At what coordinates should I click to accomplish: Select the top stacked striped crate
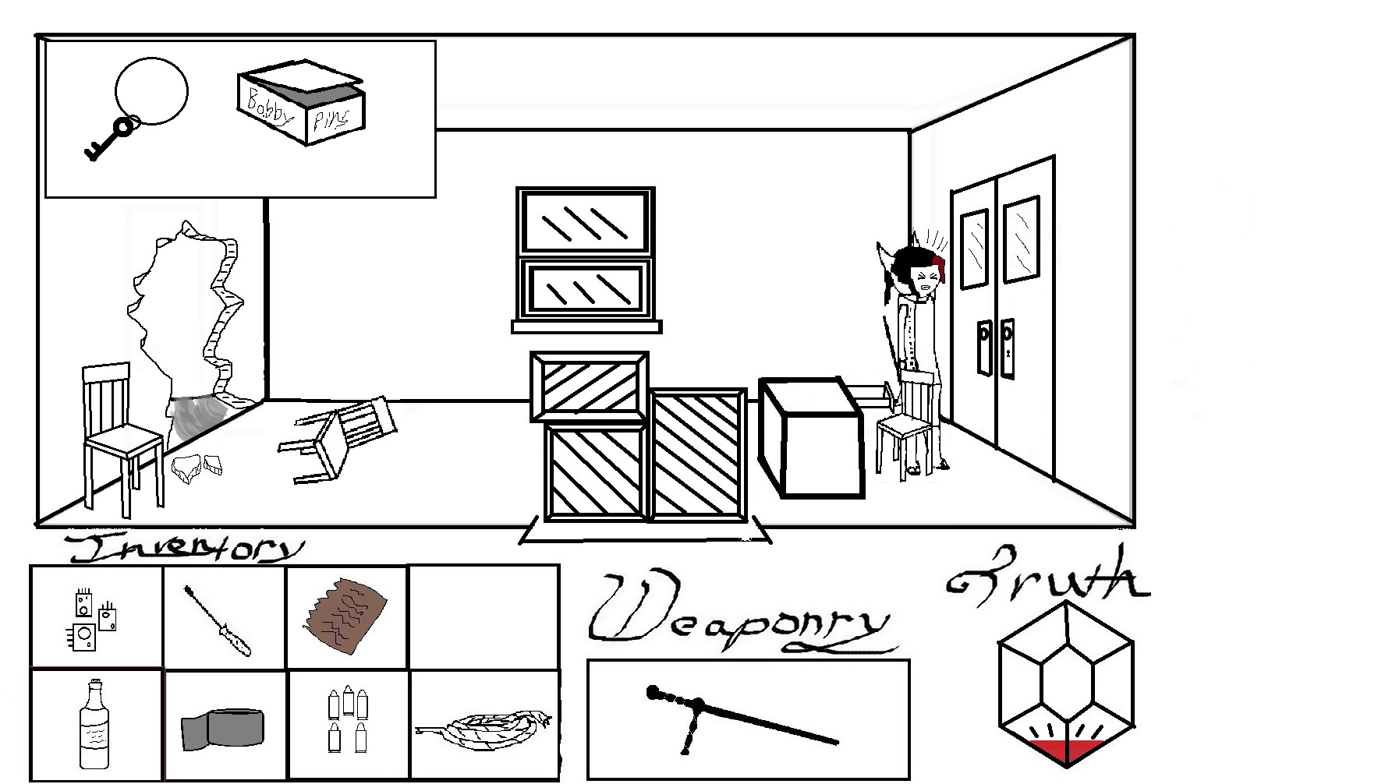[x=589, y=386]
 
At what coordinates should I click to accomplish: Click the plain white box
[x=811, y=440]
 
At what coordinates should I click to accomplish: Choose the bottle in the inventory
[x=95, y=725]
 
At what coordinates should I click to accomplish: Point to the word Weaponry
[x=737, y=616]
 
